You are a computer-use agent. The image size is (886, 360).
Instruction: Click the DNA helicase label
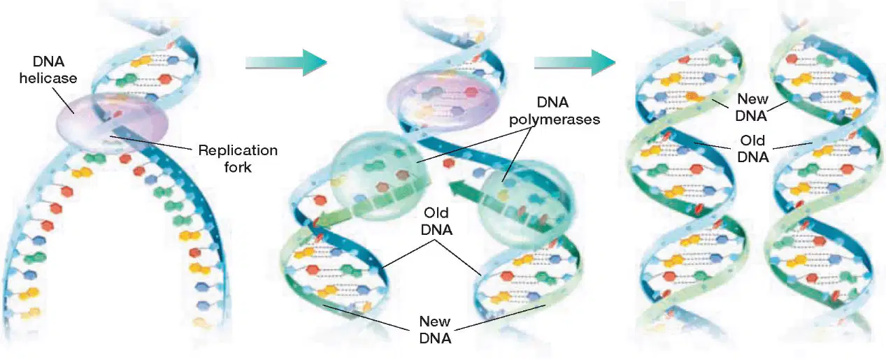click(x=48, y=70)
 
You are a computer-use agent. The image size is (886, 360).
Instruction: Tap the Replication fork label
click(x=238, y=159)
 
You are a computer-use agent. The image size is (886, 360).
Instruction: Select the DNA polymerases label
click(x=554, y=110)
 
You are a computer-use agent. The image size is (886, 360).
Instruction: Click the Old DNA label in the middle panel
click(x=436, y=222)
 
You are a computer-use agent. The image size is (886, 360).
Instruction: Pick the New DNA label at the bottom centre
click(x=435, y=330)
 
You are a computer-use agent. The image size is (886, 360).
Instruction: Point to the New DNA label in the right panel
click(x=752, y=107)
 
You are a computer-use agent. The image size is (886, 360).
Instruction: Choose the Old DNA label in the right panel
click(x=753, y=149)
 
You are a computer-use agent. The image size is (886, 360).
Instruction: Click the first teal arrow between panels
click(x=287, y=62)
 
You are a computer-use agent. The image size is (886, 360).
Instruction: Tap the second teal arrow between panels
click(x=575, y=62)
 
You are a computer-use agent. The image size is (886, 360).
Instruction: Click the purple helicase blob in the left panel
click(x=113, y=122)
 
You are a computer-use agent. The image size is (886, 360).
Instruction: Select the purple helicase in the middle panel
click(x=441, y=99)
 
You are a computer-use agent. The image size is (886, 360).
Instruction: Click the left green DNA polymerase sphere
click(x=380, y=176)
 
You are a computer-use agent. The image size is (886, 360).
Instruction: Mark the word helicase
click(x=48, y=78)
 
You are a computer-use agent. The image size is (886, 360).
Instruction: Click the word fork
click(x=238, y=167)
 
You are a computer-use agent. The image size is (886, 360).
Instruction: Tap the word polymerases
click(x=554, y=120)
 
